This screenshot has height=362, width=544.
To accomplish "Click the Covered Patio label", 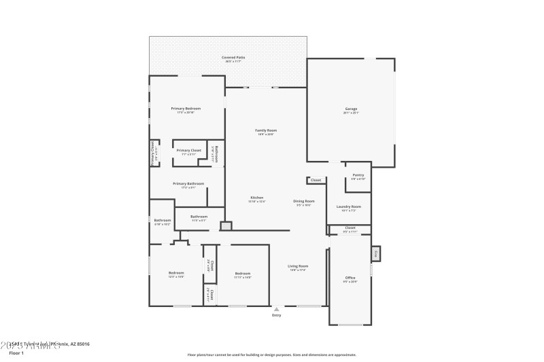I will point(233,58).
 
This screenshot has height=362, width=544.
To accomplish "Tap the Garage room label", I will point(351,109).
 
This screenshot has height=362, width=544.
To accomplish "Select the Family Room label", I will point(266,130).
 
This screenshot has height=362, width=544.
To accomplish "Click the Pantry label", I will point(358,175).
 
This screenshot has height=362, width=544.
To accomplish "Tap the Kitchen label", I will point(256,198).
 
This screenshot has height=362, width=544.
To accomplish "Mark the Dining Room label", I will point(303,201).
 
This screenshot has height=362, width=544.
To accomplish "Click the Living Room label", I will point(299,266).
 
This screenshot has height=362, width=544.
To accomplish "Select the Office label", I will point(350,278).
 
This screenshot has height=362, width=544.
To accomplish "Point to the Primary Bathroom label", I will point(188,183).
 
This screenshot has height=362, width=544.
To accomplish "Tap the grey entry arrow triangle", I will point(276,309).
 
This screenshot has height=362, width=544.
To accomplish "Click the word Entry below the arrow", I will point(276,315).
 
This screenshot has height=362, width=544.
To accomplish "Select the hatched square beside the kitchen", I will point(226,226).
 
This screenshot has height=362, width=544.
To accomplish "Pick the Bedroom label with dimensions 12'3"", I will point(176,273).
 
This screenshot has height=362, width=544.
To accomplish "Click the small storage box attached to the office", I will point(375,253).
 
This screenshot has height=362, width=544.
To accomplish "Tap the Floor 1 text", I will point(16,353).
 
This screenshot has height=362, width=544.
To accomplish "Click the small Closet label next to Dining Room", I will point(316,180).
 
